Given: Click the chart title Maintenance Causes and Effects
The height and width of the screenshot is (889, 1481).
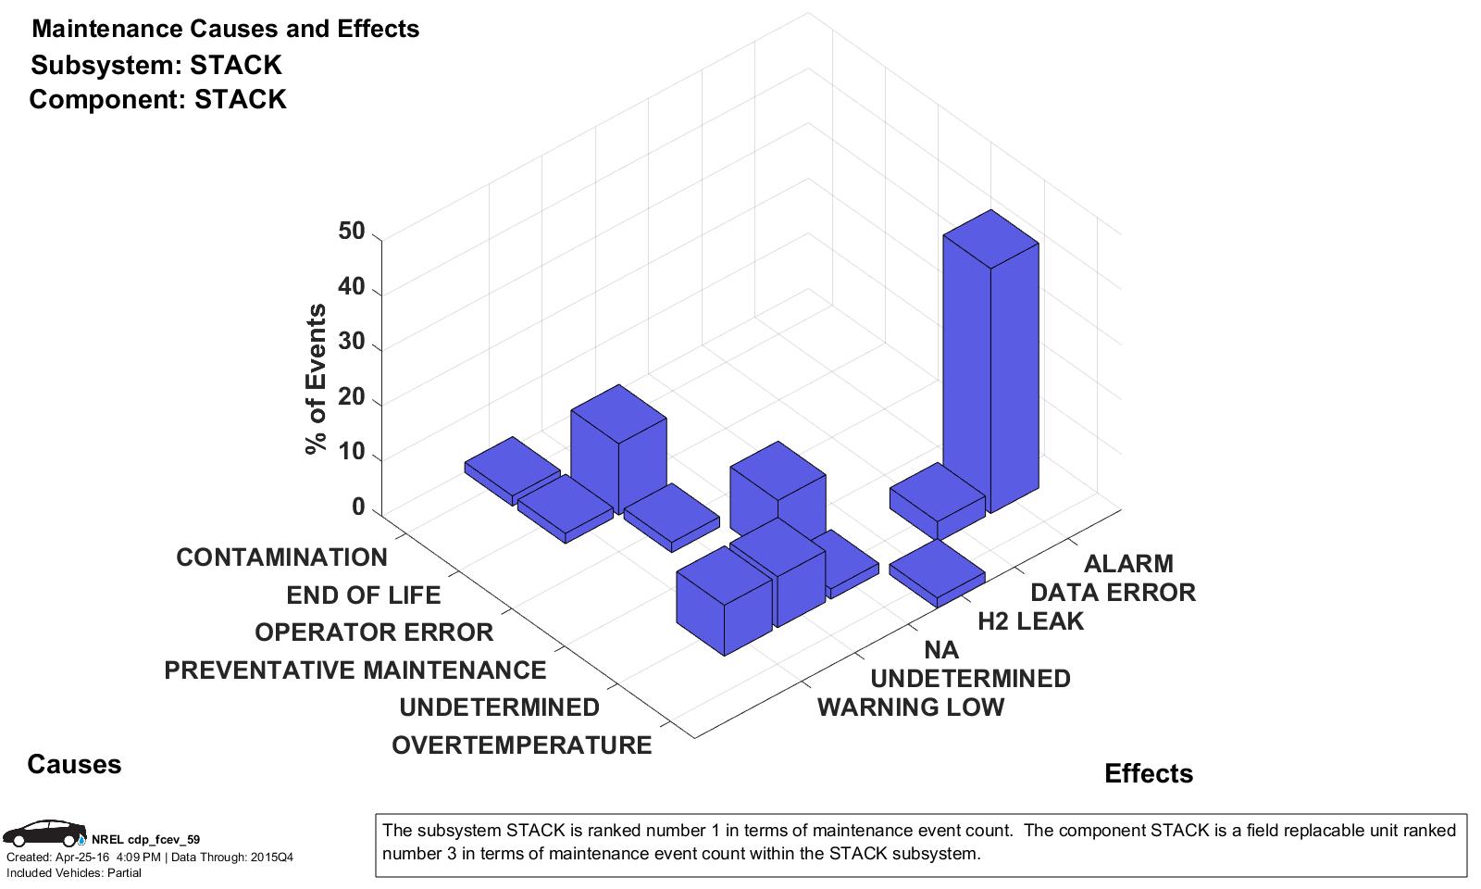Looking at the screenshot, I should [x=225, y=29].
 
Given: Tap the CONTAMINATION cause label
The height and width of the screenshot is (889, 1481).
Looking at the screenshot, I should [x=281, y=557].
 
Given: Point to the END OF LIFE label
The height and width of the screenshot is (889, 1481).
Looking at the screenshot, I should [x=363, y=595].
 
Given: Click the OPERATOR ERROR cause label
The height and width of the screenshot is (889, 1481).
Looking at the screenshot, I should [x=374, y=632].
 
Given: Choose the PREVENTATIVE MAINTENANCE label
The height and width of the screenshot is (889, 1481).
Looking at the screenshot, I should [x=355, y=670].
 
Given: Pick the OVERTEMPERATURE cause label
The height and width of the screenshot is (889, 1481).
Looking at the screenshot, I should [x=521, y=745].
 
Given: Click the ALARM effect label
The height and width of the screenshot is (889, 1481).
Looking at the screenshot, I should [x=1128, y=564].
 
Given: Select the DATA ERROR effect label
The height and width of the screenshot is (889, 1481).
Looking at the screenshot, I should [x=1113, y=593].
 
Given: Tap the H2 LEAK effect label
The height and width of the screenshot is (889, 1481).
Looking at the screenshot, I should [x=1030, y=621].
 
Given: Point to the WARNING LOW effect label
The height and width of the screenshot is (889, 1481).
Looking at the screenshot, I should [x=911, y=707].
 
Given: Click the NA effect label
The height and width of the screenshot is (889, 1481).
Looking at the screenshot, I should [x=941, y=650].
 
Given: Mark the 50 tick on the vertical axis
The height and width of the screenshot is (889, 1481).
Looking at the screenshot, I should [x=352, y=232].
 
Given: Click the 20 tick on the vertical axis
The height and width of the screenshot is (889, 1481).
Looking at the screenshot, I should [x=352, y=399].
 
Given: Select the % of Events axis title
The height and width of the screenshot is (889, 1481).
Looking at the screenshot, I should [x=317, y=379].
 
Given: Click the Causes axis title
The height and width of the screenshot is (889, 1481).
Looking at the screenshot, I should [x=74, y=764].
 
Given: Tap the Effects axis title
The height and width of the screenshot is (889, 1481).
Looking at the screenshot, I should [x=1149, y=774].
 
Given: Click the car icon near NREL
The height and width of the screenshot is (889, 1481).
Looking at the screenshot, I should [x=44, y=833].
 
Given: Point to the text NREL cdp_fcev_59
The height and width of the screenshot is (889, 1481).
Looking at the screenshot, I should [x=145, y=840].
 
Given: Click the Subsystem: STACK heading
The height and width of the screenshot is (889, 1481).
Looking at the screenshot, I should [x=156, y=65].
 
